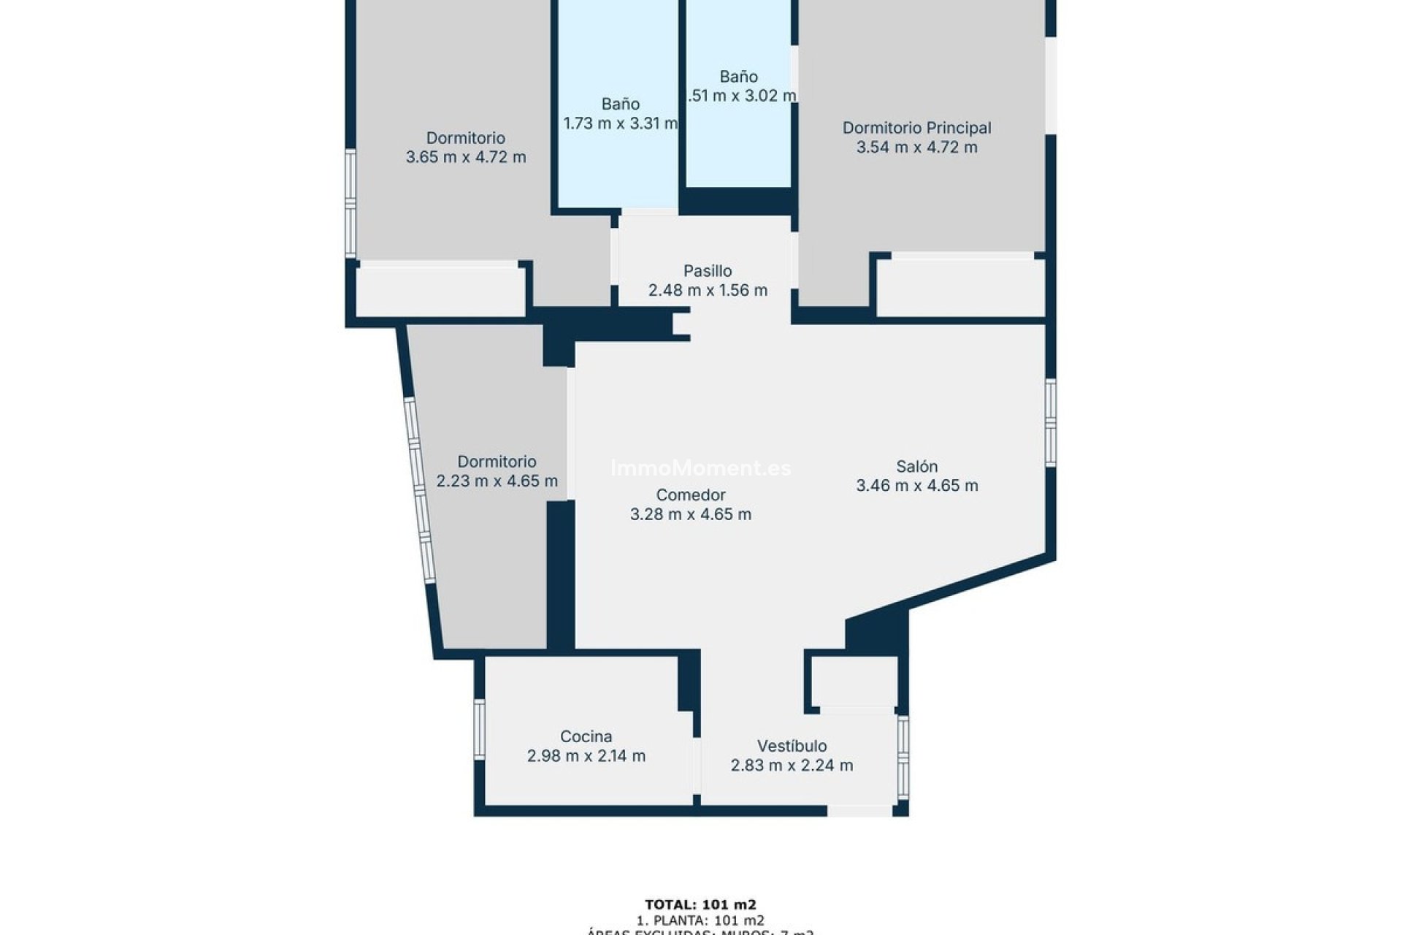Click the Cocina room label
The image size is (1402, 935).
[586, 736]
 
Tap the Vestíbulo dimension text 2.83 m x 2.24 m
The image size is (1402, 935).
[792, 766]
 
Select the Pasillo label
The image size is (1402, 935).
[708, 271]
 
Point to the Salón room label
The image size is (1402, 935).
[916, 466]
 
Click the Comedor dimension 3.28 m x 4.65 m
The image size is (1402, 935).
[690, 514]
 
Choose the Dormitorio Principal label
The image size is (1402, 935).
[916, 128]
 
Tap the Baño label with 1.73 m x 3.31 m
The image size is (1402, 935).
[621, 104]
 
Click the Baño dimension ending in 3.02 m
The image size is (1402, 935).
[741, 96]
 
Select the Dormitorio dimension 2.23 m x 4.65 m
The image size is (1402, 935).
[497, 481]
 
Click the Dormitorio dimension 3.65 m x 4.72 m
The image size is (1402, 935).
[465, 157]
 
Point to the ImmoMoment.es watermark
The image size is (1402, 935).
[700, 468]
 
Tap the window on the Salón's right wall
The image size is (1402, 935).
[1050, 422]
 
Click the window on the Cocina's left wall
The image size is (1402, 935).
[479, 728]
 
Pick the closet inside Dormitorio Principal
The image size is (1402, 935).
[960, 288]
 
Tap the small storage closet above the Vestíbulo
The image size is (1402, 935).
[854, 682]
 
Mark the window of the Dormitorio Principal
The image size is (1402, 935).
[1050, 85]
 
